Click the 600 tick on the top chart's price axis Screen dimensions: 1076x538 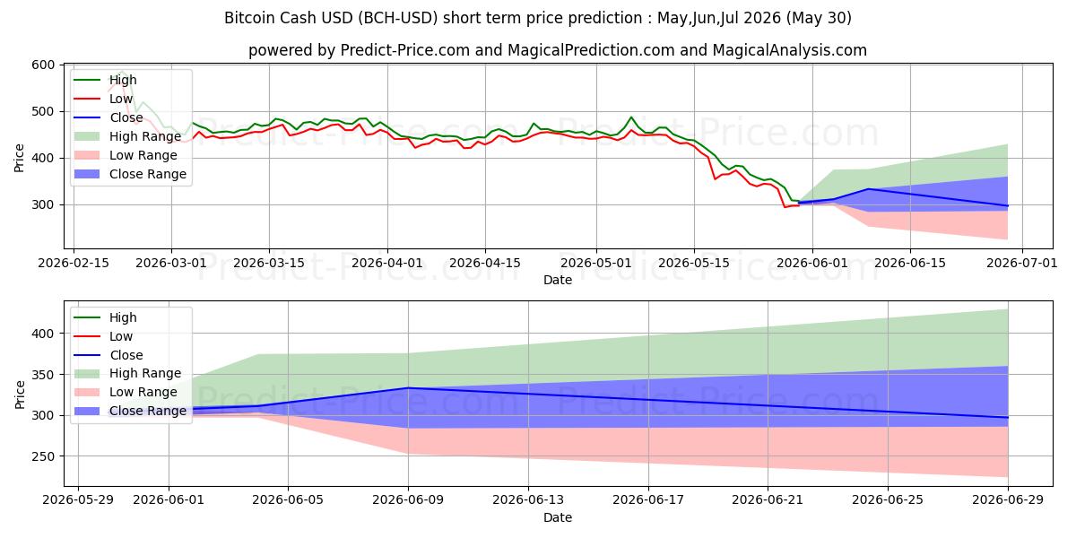point(43,65)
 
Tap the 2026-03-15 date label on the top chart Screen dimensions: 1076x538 point(269,264)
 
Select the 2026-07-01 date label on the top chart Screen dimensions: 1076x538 point(1021,264)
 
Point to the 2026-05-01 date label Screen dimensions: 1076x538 point(596,264)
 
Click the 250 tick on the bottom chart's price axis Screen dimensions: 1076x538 point(43,456)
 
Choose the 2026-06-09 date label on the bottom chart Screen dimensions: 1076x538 point(408,500)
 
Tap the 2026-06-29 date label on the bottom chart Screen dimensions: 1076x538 point(1008,500)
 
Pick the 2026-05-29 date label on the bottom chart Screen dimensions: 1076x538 point(78,500)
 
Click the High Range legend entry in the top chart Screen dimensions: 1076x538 point(127,136)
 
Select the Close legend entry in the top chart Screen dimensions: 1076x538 point(108,117)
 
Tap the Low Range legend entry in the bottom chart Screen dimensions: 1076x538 point(126,392)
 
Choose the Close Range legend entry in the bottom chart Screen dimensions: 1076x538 point(130,411)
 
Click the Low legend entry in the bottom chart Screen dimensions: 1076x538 point(103,336)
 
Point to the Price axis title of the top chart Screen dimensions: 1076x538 point(19,158)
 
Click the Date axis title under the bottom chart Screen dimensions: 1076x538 point(557,517)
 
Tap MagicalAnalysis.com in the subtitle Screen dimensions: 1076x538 point(789,50)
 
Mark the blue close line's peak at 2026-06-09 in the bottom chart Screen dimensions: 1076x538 point(408,387)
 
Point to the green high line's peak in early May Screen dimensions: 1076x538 point(631,117)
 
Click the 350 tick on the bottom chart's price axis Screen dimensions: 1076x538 point(43,375)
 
